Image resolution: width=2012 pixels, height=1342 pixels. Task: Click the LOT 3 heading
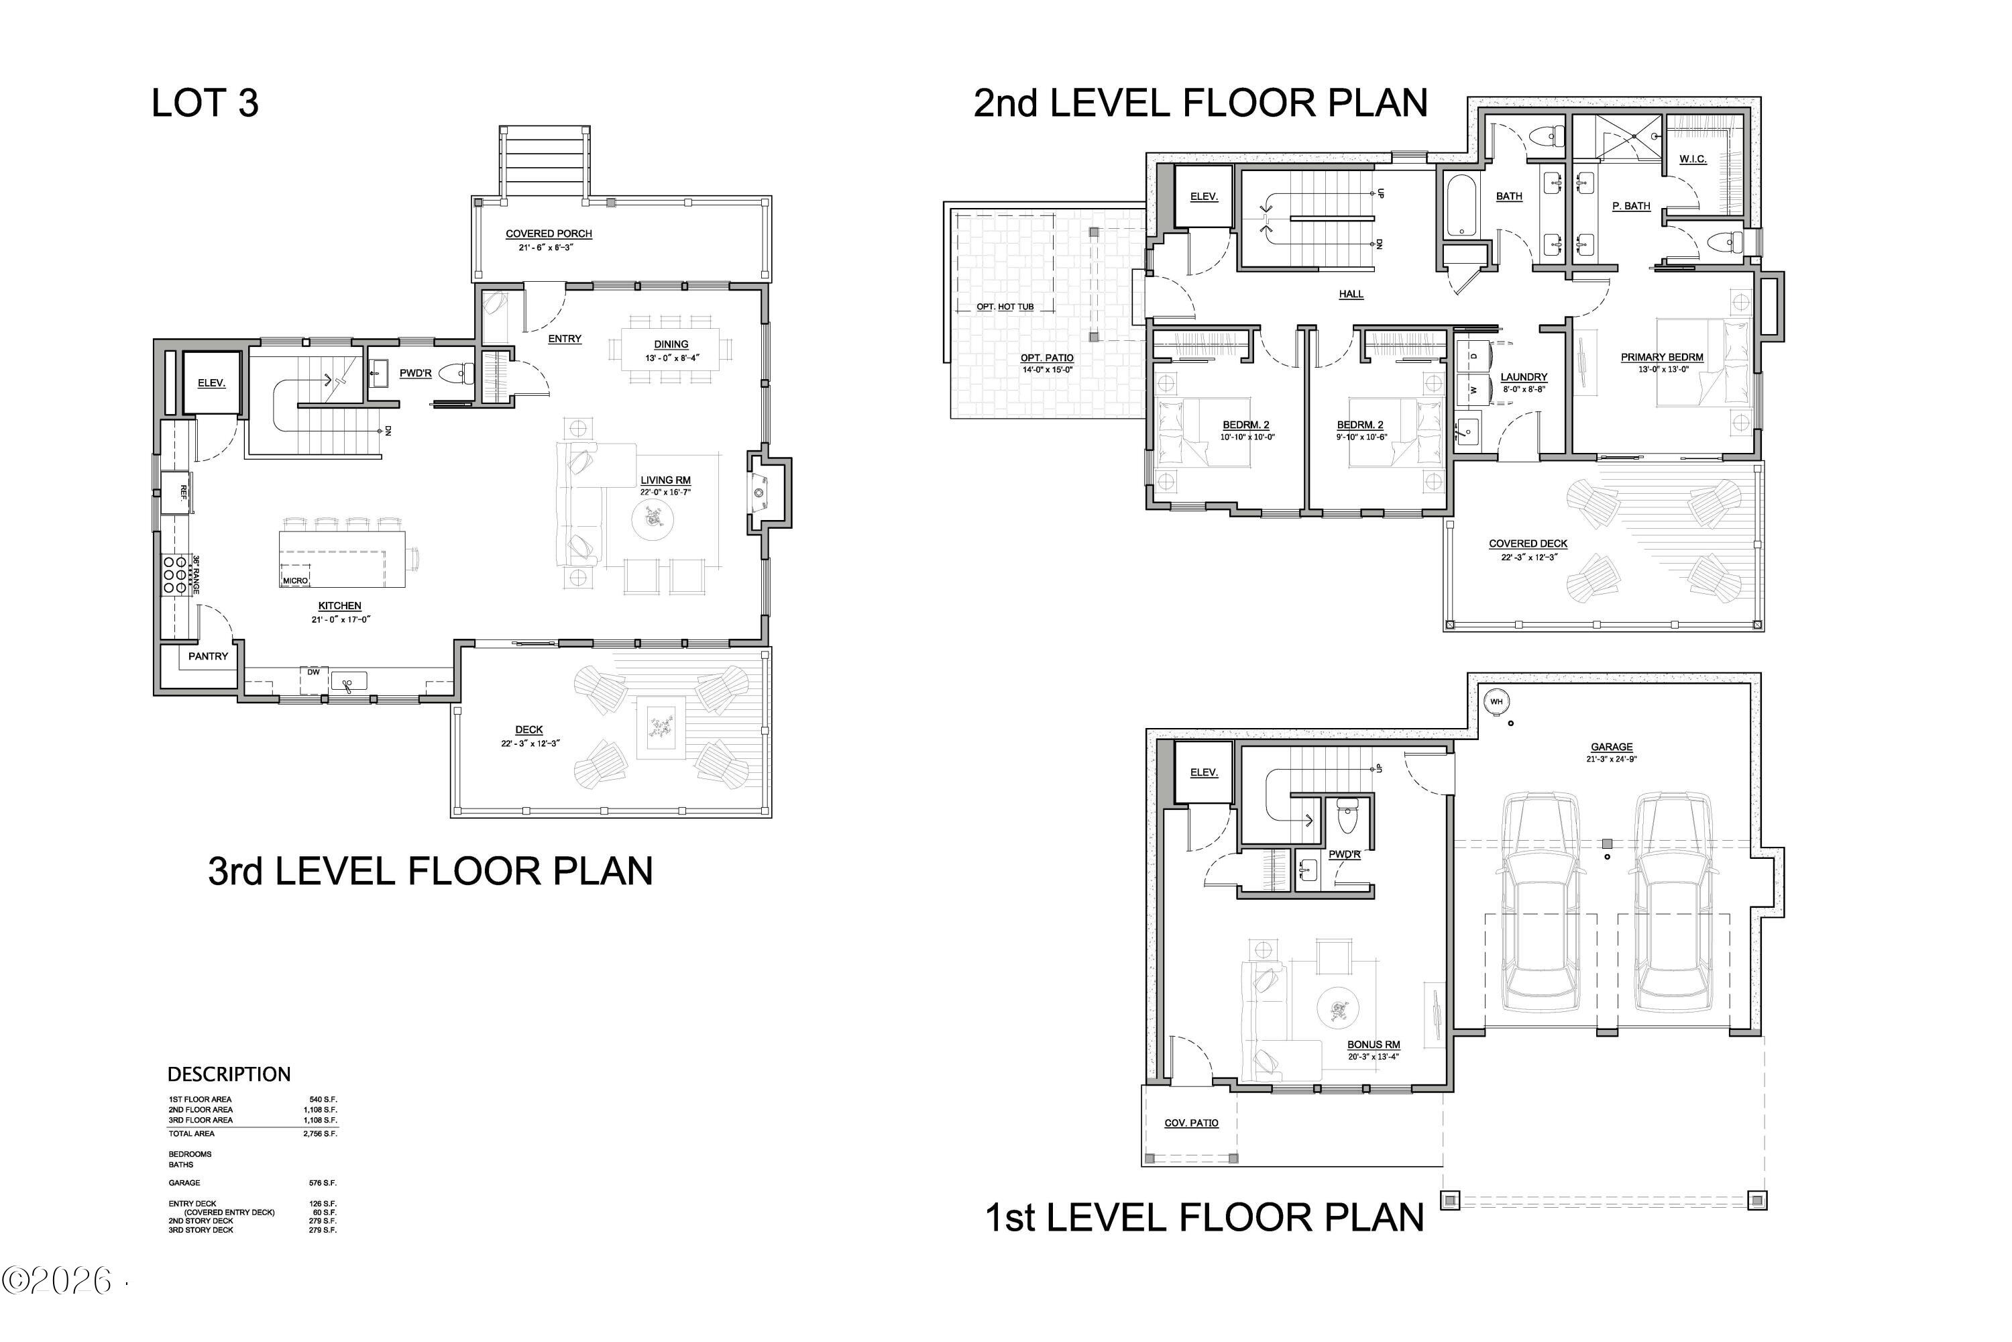[x=205, y=103]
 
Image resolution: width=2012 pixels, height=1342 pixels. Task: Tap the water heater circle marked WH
[x=1496, y=702]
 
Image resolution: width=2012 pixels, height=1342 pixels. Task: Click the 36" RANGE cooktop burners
[x=174, y=575]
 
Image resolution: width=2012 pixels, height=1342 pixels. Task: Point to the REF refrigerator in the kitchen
[x=175, y=492]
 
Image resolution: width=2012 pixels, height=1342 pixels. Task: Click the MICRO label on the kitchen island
[x=295, y=580]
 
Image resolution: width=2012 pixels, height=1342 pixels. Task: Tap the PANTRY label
[x=208, y=656]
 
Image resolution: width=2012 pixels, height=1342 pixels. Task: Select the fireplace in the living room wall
[x=760, y=494]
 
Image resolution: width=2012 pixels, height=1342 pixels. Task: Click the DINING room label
[x=671, y=344]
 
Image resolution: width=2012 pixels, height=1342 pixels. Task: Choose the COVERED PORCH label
[x=549, y=234]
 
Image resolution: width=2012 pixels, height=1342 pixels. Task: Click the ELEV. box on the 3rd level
[x=211, y=382]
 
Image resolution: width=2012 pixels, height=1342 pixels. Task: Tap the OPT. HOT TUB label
[x=1005, y=307]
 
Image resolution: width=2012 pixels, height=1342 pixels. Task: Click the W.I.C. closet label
[x=1692, y=159]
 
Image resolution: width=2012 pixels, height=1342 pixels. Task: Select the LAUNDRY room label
[x=1524, y=376]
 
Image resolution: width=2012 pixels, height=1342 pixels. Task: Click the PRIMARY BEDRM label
[x=1661, y=357]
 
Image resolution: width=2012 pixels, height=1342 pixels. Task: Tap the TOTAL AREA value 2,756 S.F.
[x=320, y=1133]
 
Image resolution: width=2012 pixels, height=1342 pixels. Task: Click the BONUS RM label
[x=1373, y=1044]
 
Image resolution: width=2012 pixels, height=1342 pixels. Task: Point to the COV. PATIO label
[x=1191, y=1123]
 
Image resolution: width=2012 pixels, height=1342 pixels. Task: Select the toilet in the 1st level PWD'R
[x=1347, y=816]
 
